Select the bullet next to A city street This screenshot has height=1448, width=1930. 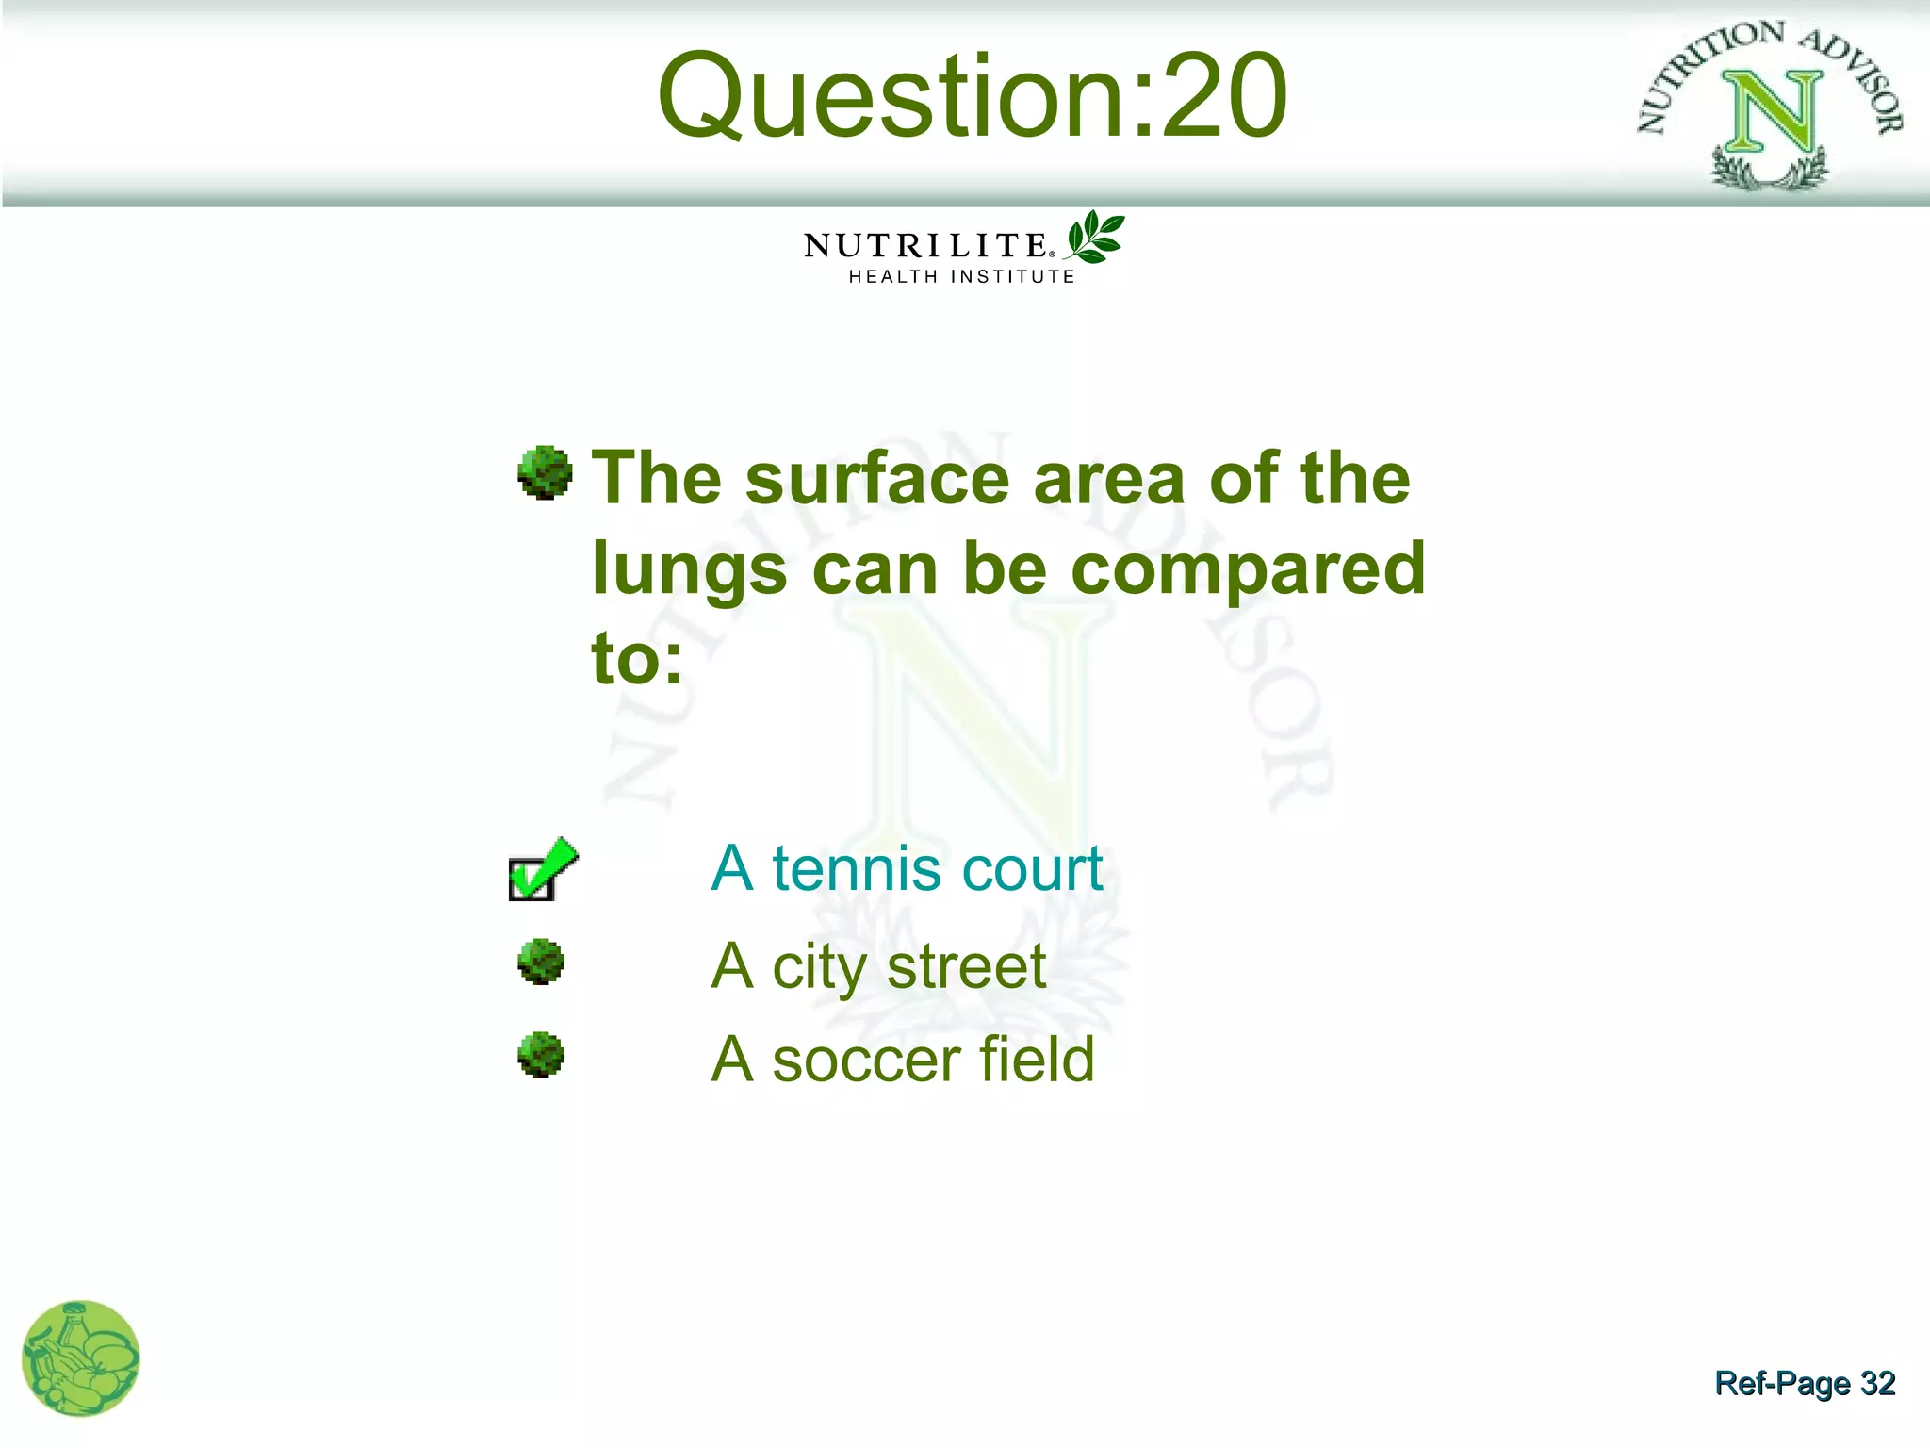point(541,963)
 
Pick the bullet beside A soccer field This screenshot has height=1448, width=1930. point(541,1055)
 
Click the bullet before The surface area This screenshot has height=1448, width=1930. point(545,473)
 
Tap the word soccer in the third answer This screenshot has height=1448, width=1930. point(865,1061)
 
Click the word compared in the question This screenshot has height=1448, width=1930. point(1248,569)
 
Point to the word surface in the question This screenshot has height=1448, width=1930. point(877,479)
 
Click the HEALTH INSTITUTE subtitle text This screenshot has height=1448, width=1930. point(961,277)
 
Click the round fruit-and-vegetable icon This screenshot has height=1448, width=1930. point(80,1358)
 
